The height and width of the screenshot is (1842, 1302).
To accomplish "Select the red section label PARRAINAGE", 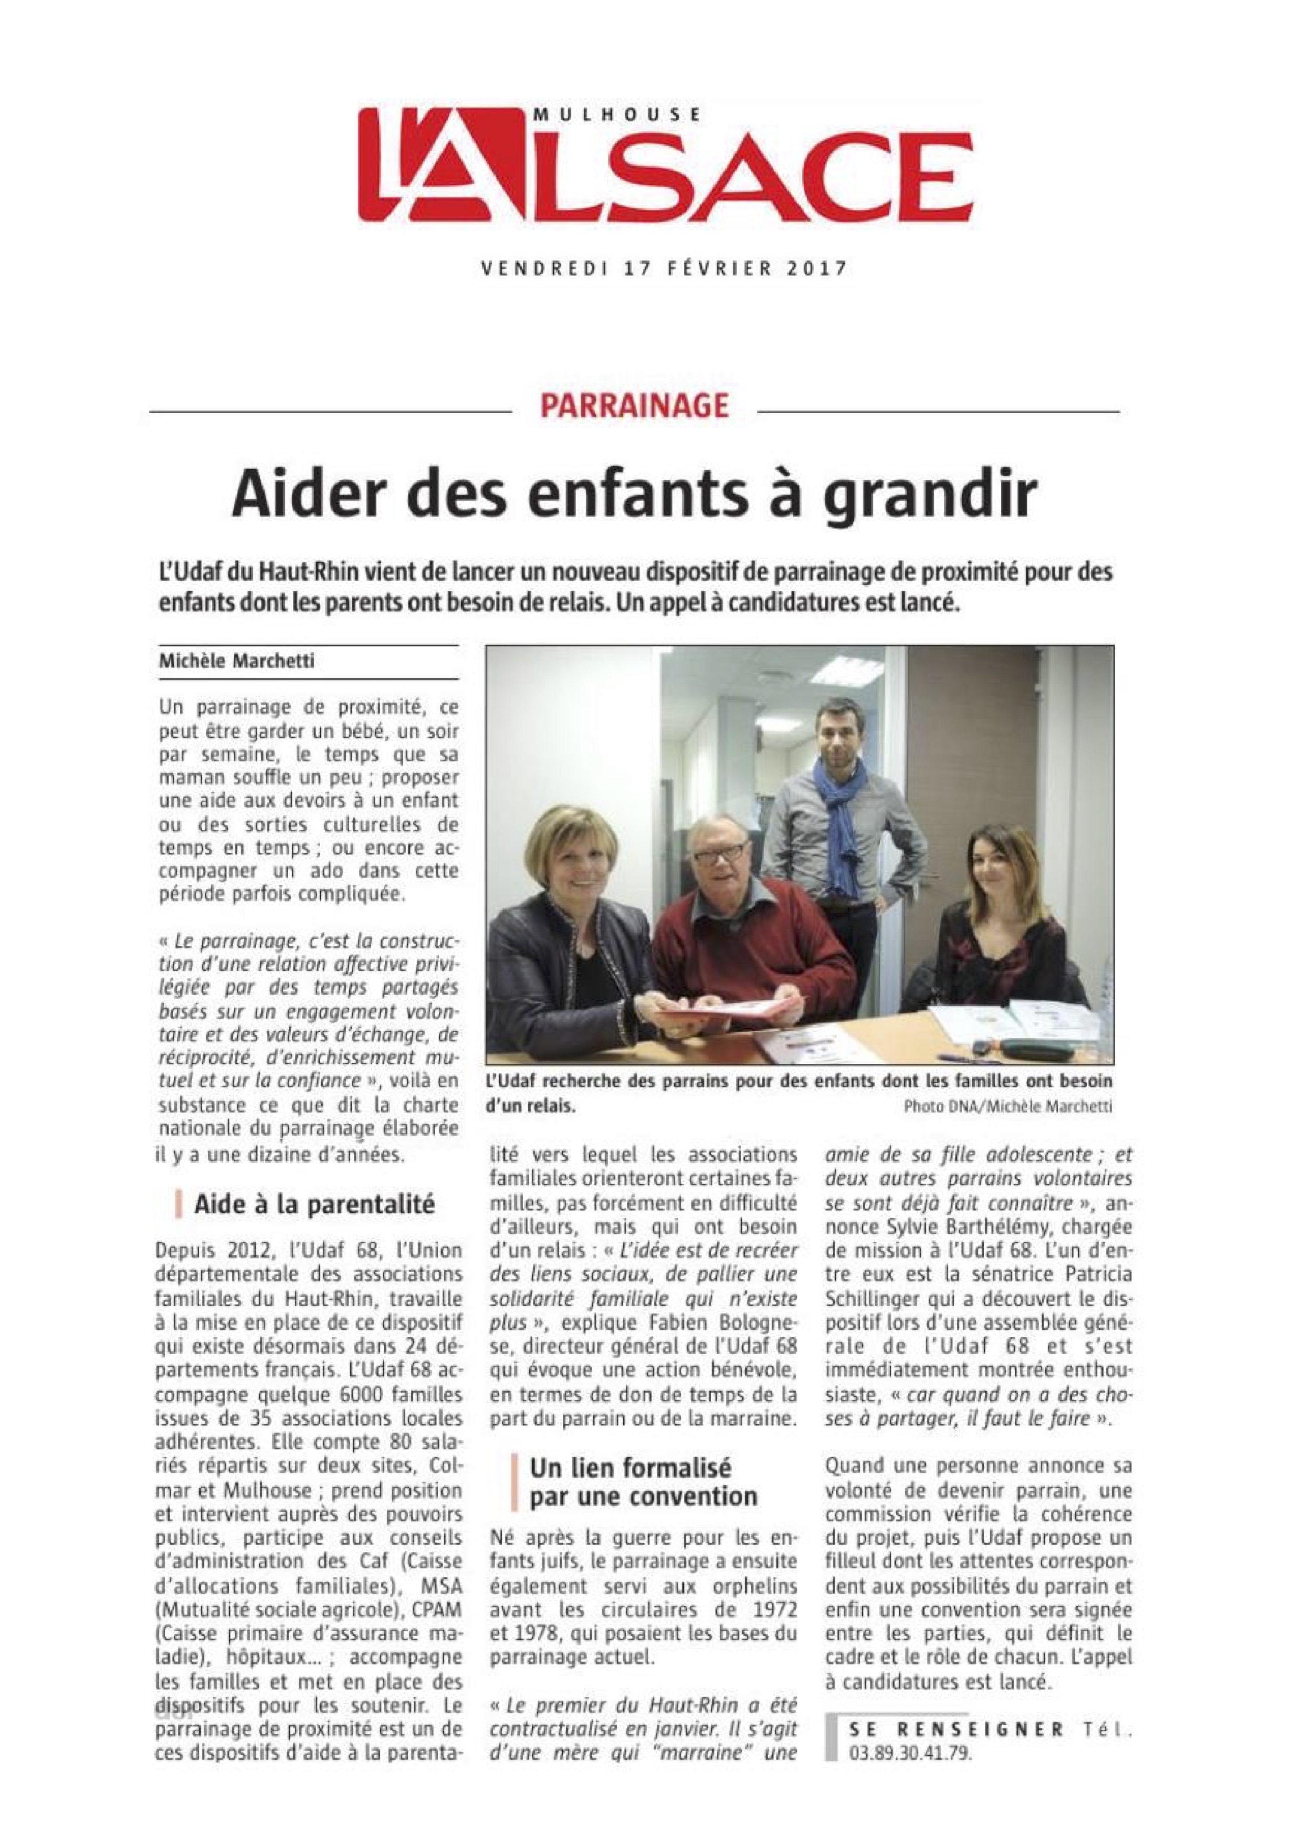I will coord(634,406).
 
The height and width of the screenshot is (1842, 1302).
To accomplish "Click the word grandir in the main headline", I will coord(931,495).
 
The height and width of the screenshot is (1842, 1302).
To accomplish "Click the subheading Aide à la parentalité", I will coord(313,1203).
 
